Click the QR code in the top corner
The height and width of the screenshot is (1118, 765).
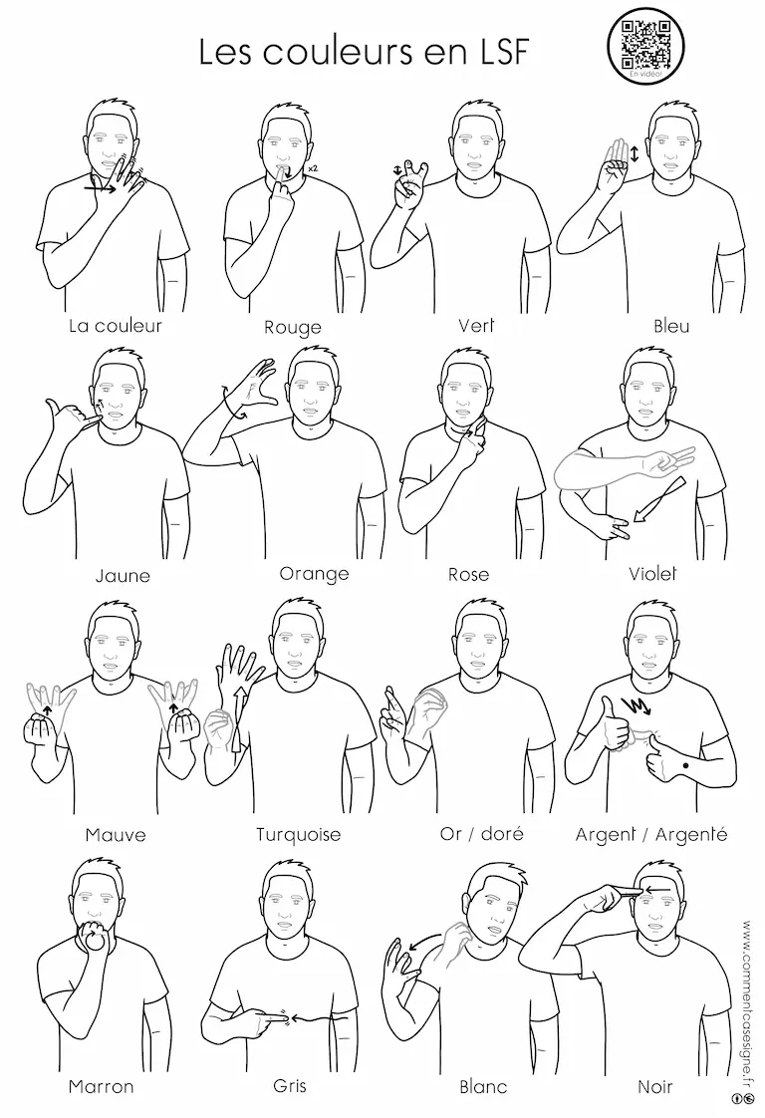[x=645, y=44]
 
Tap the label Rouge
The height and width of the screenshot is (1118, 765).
[x=292, y=327]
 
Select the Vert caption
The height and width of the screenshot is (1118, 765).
[x=476, y=325]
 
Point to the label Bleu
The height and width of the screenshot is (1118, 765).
[x=671, y=326]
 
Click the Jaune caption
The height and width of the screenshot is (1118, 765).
[x=123, y=575]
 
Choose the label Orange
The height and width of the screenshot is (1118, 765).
[x=314, y=573]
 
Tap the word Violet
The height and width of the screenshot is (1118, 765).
[x=652, y=573]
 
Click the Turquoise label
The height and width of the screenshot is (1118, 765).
[x=298, y=834]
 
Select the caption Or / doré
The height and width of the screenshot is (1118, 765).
[x=481, y=833]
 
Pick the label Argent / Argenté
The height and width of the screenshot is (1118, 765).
[x=650, y=834]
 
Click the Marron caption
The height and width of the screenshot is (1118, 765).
[x=101, y=1087]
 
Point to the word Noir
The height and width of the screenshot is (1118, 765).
[x=654, y=1087]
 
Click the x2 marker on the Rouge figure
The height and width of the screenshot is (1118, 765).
[x=312, y=168]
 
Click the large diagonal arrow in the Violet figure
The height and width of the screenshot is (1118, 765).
[x=658, y=499]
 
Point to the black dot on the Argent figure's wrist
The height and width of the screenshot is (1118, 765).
[x=685, y=765]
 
